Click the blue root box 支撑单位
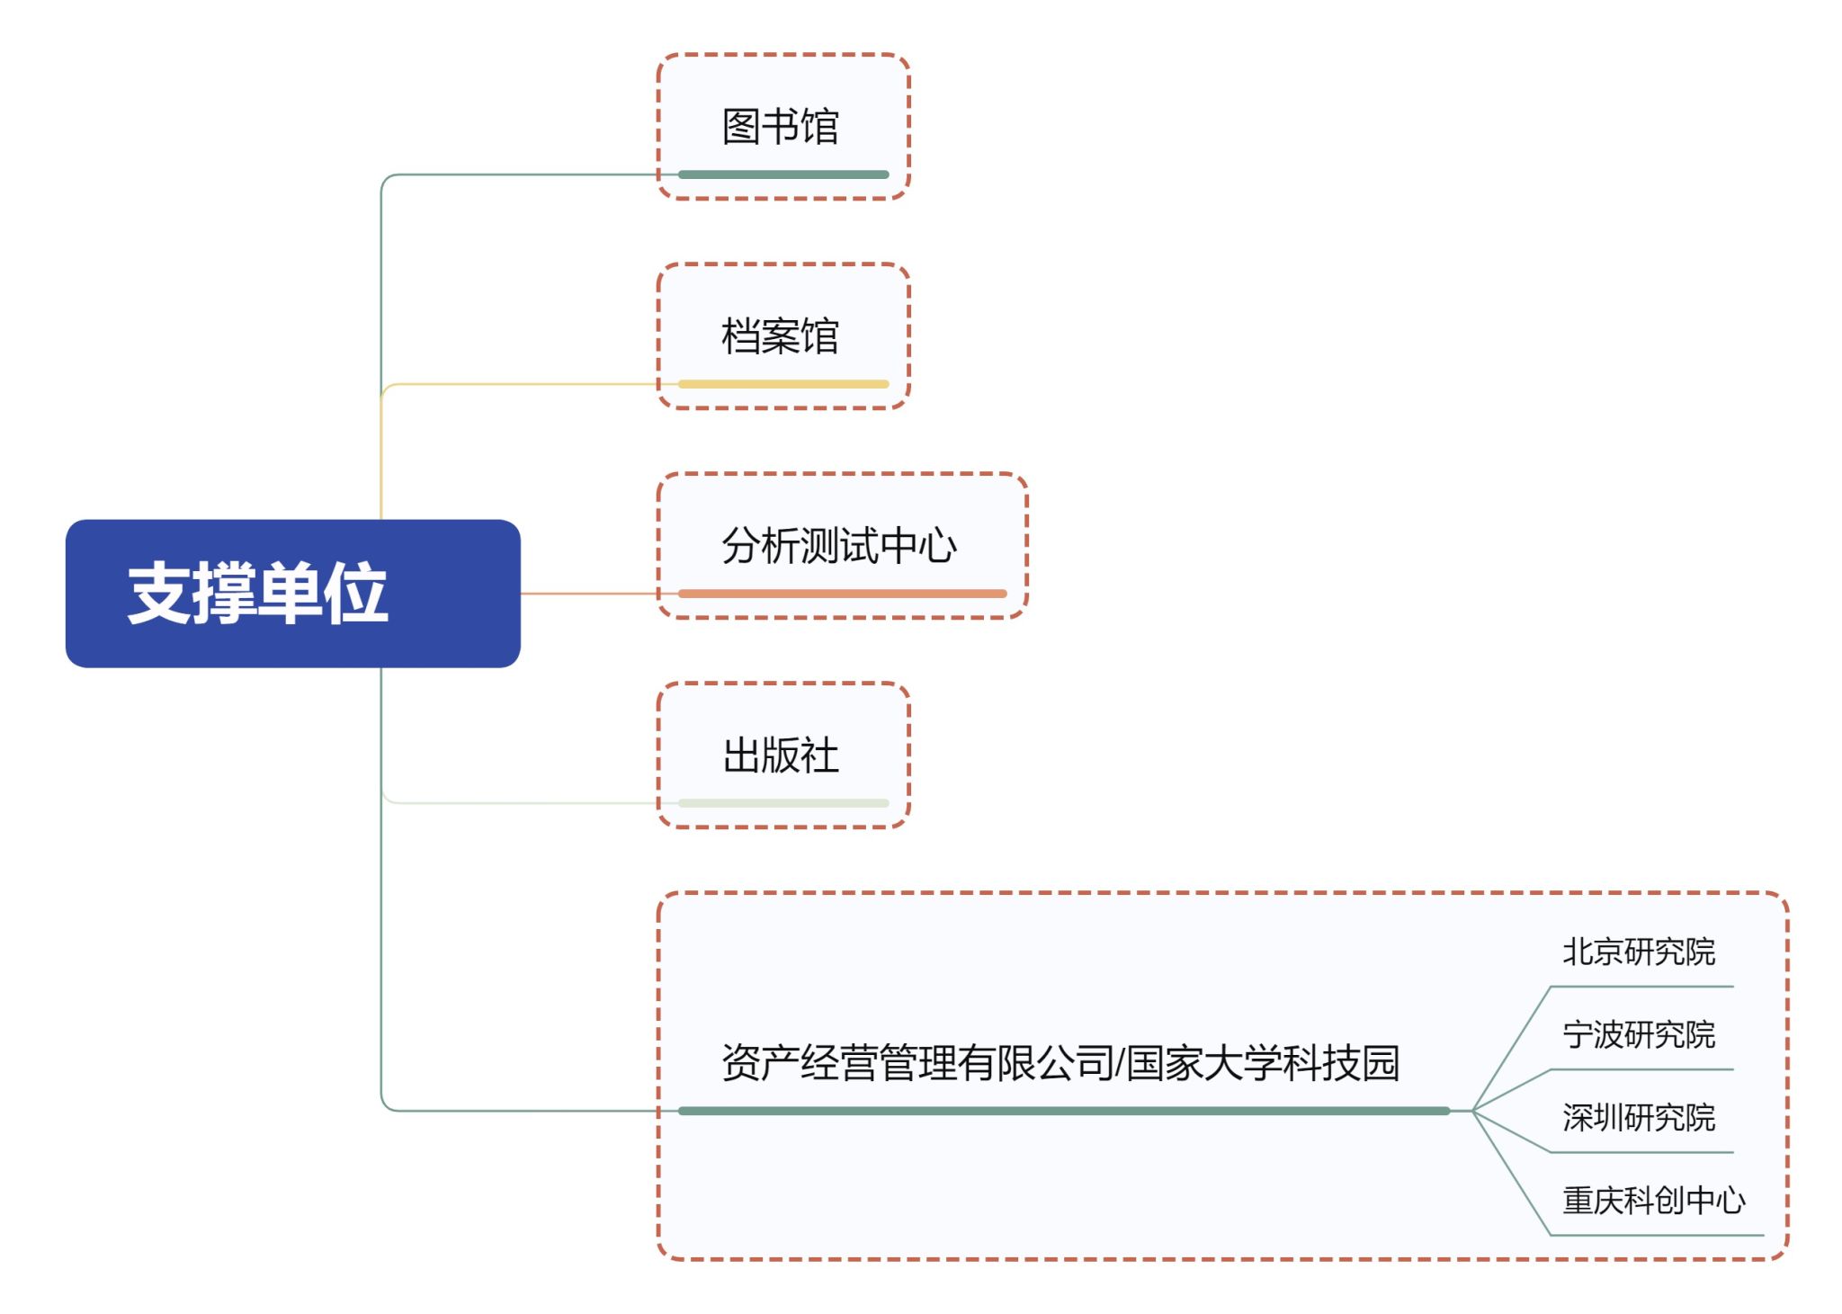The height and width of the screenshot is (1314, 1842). click(x=292, y=593)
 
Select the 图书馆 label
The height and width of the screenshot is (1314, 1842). click(x=780, y=126)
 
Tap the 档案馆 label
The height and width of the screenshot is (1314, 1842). click(x=780, y=335)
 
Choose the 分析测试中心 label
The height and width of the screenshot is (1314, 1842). click(x=839, y=545)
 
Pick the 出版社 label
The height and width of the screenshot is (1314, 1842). click(x=780, y=755)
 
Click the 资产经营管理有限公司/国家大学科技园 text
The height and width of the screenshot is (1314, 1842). click(x=1060, y=1062)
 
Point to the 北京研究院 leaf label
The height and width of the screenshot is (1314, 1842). click(x=1639, y=952)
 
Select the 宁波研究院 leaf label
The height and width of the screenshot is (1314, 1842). click(x=1639, y=1034)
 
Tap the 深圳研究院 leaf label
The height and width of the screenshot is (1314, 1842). click(x=1639, y=1117)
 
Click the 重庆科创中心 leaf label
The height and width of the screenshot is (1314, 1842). click(x=1654, y=1200)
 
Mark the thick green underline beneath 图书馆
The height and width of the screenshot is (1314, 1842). click(x=783, y=174)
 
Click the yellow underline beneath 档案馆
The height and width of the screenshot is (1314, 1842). click(x=783, y=384)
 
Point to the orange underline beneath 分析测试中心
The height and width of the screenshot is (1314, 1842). click(x=842, y=594)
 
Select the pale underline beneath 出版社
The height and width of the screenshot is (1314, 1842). click(x=783, y=803)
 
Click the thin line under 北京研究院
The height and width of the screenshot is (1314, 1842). click(x=1641, y=987)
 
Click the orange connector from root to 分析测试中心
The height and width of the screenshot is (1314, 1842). click(x=589, y=594)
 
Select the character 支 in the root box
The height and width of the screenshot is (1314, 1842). click(x=159, y=594)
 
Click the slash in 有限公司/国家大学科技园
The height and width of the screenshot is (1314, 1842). click(x=1119, y=1063)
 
